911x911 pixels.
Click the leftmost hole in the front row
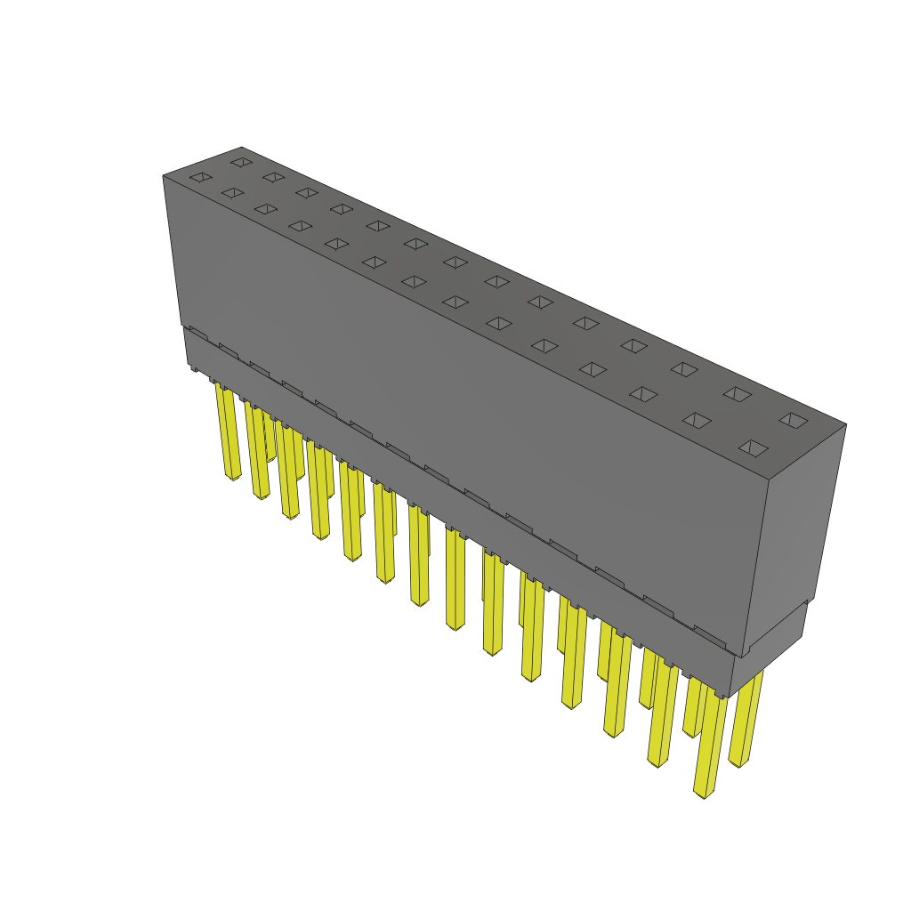coord(200,177)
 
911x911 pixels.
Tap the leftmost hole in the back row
coord(240,162)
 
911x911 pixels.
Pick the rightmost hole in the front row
coord(753,447)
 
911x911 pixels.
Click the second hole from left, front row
coord(232,192)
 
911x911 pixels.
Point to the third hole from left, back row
coord(307,192)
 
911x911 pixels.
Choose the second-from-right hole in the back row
coord(736,392)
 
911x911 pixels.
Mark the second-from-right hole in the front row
coord(697,420)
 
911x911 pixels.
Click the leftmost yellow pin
coord(229,431)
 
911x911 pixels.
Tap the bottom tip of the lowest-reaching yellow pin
coord(705,794)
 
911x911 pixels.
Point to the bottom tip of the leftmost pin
coord(234,478)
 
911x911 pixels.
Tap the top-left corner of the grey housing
coord(164,176)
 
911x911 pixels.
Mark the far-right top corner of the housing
coord(845,424)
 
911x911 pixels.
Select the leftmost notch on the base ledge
coord(198,332)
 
